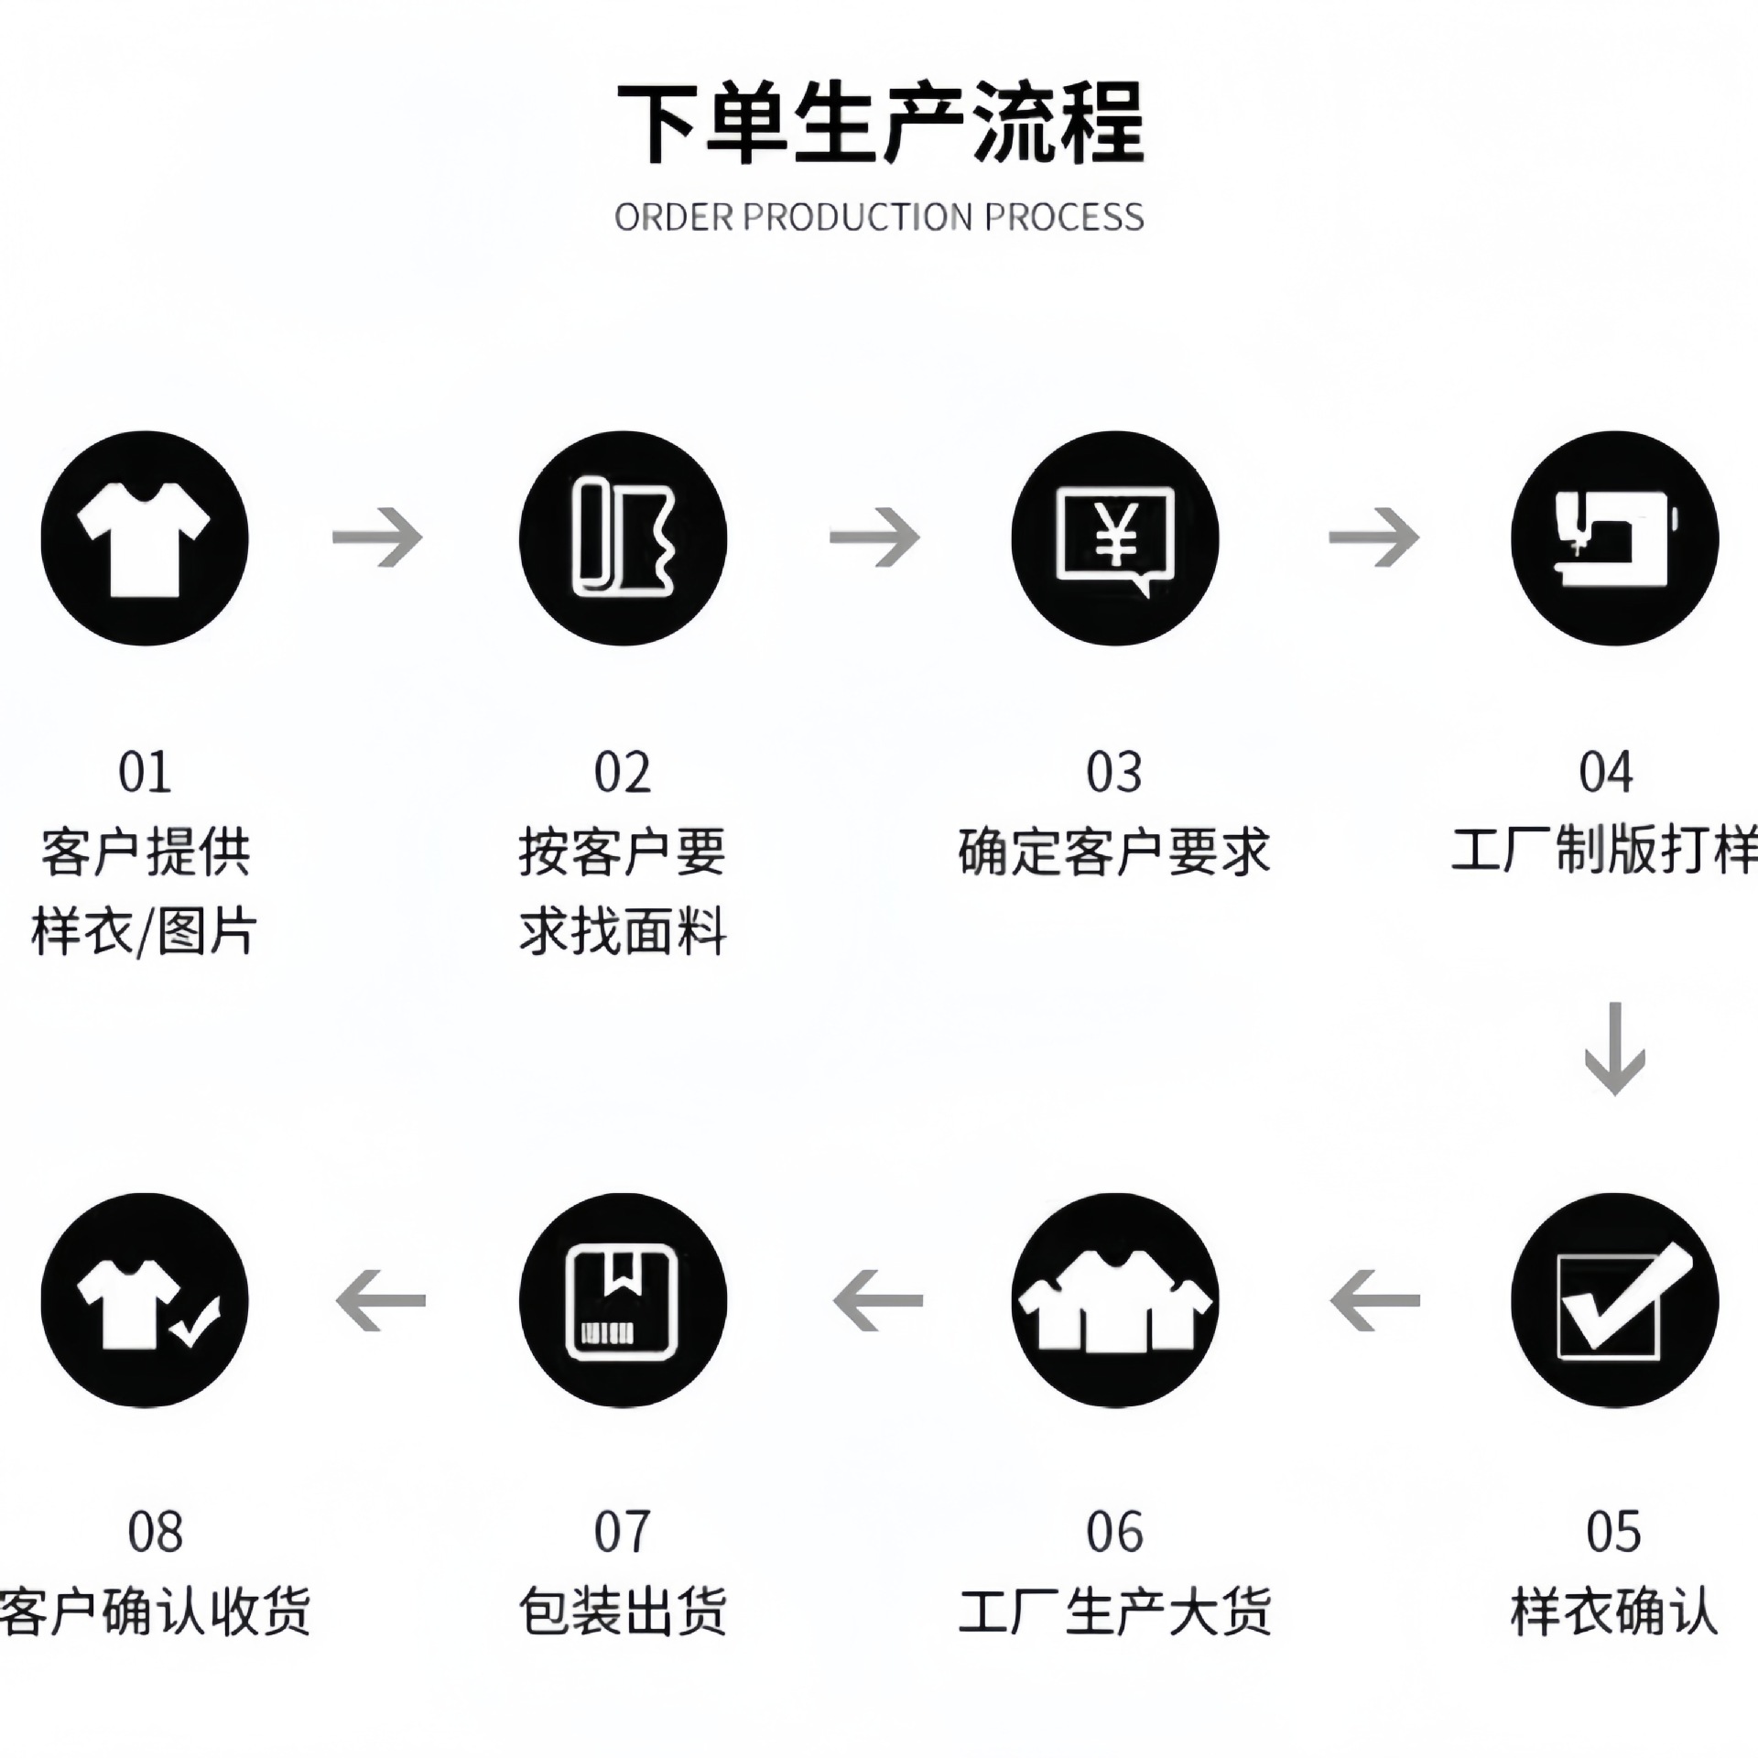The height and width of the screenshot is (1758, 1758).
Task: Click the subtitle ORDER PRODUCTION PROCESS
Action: (x=879, y=218)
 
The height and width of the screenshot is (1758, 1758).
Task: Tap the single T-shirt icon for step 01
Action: (x=145, y=538)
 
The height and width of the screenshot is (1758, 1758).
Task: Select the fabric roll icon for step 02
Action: (x=623, y=538)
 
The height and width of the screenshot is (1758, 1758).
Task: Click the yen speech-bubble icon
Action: (x=1115, y=538)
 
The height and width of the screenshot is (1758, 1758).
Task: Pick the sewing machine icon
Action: (x=1614, y=538)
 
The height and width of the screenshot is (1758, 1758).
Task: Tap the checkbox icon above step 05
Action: (x=1614, y=1300)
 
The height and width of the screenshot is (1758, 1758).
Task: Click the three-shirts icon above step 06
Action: (x=1115, y=1300)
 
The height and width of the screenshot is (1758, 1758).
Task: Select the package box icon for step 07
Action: (x=623, y=1300)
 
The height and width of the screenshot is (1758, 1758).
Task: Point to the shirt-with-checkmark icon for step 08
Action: (x=145, y=1300)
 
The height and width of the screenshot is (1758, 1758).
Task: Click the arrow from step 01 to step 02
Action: (x=378, y=537)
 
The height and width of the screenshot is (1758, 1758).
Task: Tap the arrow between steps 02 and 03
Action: (x=874, y=537)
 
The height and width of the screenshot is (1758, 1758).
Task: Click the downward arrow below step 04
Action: (x=1614, y=1048)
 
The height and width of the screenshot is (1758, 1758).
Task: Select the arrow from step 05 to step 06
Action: (x=1375, y=1300)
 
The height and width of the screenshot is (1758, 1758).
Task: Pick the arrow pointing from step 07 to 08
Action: (x=381, y=1300)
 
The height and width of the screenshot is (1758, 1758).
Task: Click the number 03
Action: (x=1114, y=772)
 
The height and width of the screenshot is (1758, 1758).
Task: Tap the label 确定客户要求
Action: (x=1114, y=852)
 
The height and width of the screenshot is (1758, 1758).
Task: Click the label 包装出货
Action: (x=623, y=1611)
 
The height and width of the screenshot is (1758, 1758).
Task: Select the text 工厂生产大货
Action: (x=1114, y=1611)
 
